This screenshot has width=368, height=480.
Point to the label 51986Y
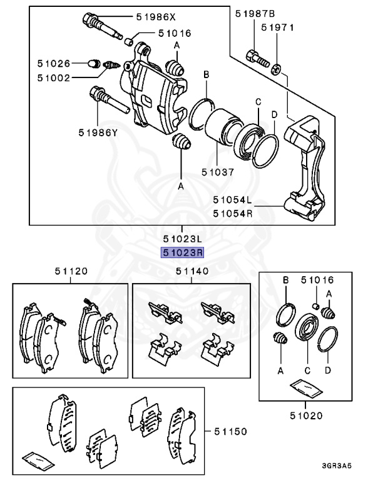(99, 132)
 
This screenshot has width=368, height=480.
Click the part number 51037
(219, 169)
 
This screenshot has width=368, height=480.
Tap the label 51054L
(232, 200)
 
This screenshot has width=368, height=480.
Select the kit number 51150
(230, 431)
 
